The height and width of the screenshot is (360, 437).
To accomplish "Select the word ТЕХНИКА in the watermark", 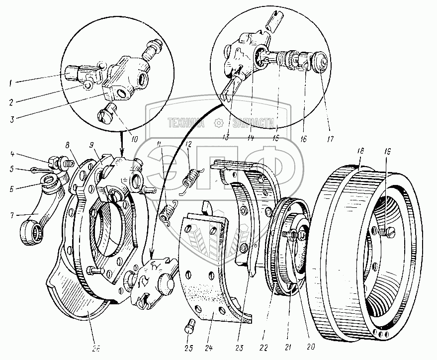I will click(x=186, y=122).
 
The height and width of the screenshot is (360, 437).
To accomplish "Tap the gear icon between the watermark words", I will click(x=219, y=122).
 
